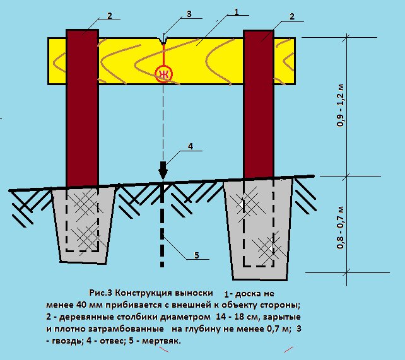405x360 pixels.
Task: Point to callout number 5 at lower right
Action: click(196, 255)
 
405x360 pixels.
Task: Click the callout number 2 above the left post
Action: click(109, 18)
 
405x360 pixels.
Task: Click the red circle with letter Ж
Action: click(163, 74)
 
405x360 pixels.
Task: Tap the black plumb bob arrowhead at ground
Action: click(163, 170)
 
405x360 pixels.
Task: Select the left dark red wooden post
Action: click(82, 107)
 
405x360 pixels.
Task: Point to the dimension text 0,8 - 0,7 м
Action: click(341, 228)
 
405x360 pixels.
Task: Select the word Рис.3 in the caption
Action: click(103, 294)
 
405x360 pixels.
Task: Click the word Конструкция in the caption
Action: click(146, 294)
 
